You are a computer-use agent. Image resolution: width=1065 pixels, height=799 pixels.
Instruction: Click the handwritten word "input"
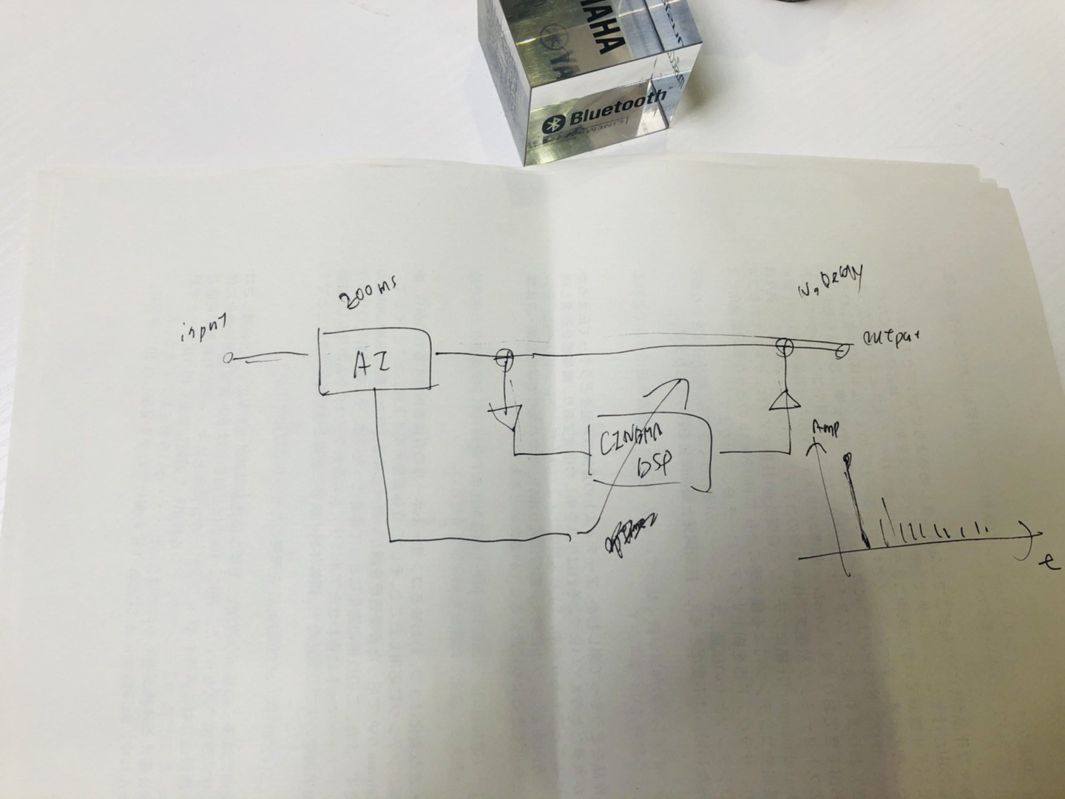(203, 329)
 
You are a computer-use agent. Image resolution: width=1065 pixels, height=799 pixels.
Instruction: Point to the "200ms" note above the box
(368, 298)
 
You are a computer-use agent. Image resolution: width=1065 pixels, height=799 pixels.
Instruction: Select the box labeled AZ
(376, 361)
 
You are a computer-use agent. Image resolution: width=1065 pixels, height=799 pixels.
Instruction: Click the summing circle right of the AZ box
(504, 357)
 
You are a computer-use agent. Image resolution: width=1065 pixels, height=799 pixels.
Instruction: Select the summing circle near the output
(784, 345)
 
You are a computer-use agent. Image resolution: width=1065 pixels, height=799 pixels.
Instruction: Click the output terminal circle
(842, 349)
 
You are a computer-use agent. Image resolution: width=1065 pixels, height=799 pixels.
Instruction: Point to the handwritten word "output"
(890, 338)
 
